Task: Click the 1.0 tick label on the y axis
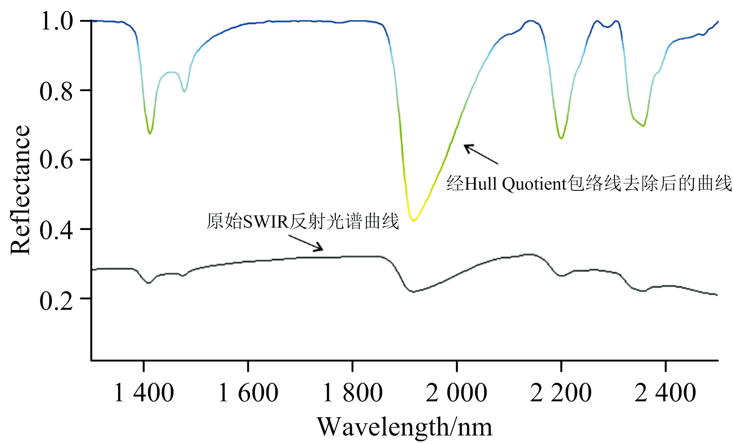(56, 21)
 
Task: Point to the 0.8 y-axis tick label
(56, 91)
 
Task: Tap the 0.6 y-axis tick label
(56, 160)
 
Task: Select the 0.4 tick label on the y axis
(56, 230)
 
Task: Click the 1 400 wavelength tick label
(143, 393)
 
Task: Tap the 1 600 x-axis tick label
(248, 393)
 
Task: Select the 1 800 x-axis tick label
(352, 393)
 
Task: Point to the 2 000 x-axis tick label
(457, 393)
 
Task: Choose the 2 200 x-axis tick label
(561, 393)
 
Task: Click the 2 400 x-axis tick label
(665, 393)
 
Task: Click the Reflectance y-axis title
(20, 190)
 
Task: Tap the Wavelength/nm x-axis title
(405, 427)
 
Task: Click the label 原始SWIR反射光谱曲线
(303, 221)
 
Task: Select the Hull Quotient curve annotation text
(589, 183)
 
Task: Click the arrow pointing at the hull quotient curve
(481, 154)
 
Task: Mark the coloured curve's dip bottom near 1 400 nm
(150, 133)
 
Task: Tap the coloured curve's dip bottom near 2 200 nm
(562, 138)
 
